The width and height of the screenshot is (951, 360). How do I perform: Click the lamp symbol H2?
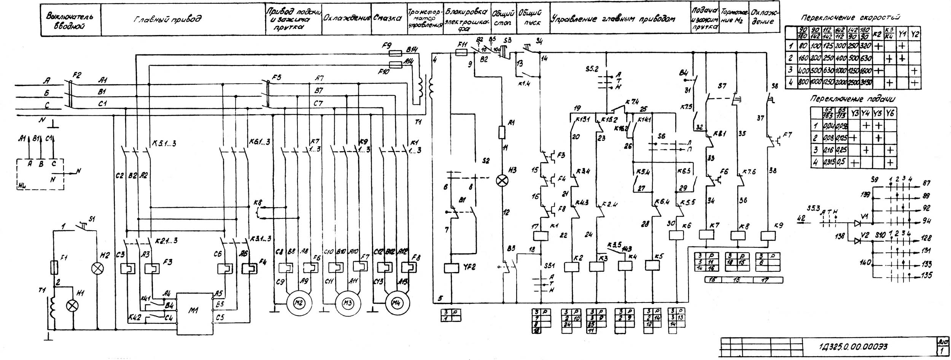click(x=98, y=269)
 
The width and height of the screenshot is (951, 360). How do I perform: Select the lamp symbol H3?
click(x=503, y=181)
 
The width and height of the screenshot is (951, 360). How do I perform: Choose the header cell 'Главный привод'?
click(x=167, y=19)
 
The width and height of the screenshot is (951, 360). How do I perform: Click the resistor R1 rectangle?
click(x=502, y=133)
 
